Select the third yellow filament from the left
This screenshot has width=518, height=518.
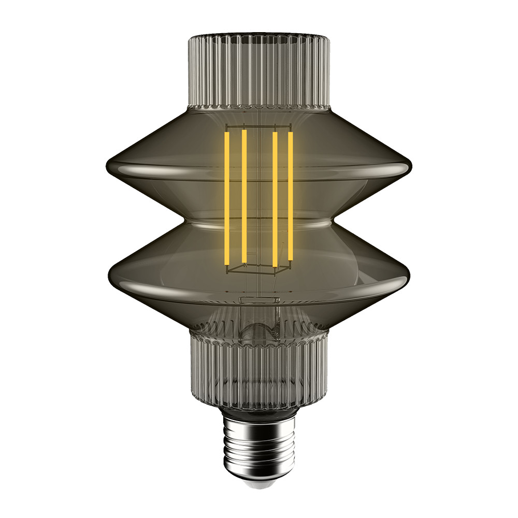[275, 199]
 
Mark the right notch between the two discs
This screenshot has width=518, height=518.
[332, 224]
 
